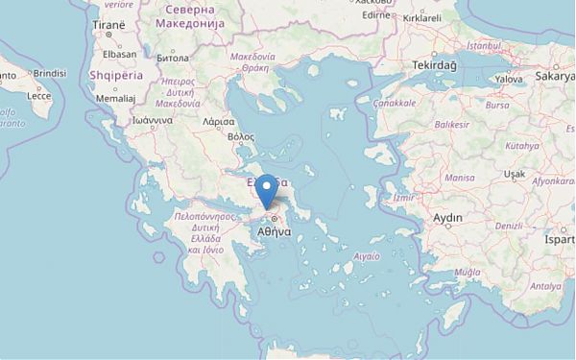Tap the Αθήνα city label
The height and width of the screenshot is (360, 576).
276,231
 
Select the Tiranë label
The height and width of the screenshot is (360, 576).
108,23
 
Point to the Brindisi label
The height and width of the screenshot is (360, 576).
48,72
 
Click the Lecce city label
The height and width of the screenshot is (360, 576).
39,96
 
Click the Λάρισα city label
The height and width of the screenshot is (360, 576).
219,122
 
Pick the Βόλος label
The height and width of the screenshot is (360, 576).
240,138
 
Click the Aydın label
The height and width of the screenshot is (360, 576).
448,218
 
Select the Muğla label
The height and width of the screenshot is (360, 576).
467,272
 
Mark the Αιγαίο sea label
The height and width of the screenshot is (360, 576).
367,256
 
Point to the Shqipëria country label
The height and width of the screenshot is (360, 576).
114,73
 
